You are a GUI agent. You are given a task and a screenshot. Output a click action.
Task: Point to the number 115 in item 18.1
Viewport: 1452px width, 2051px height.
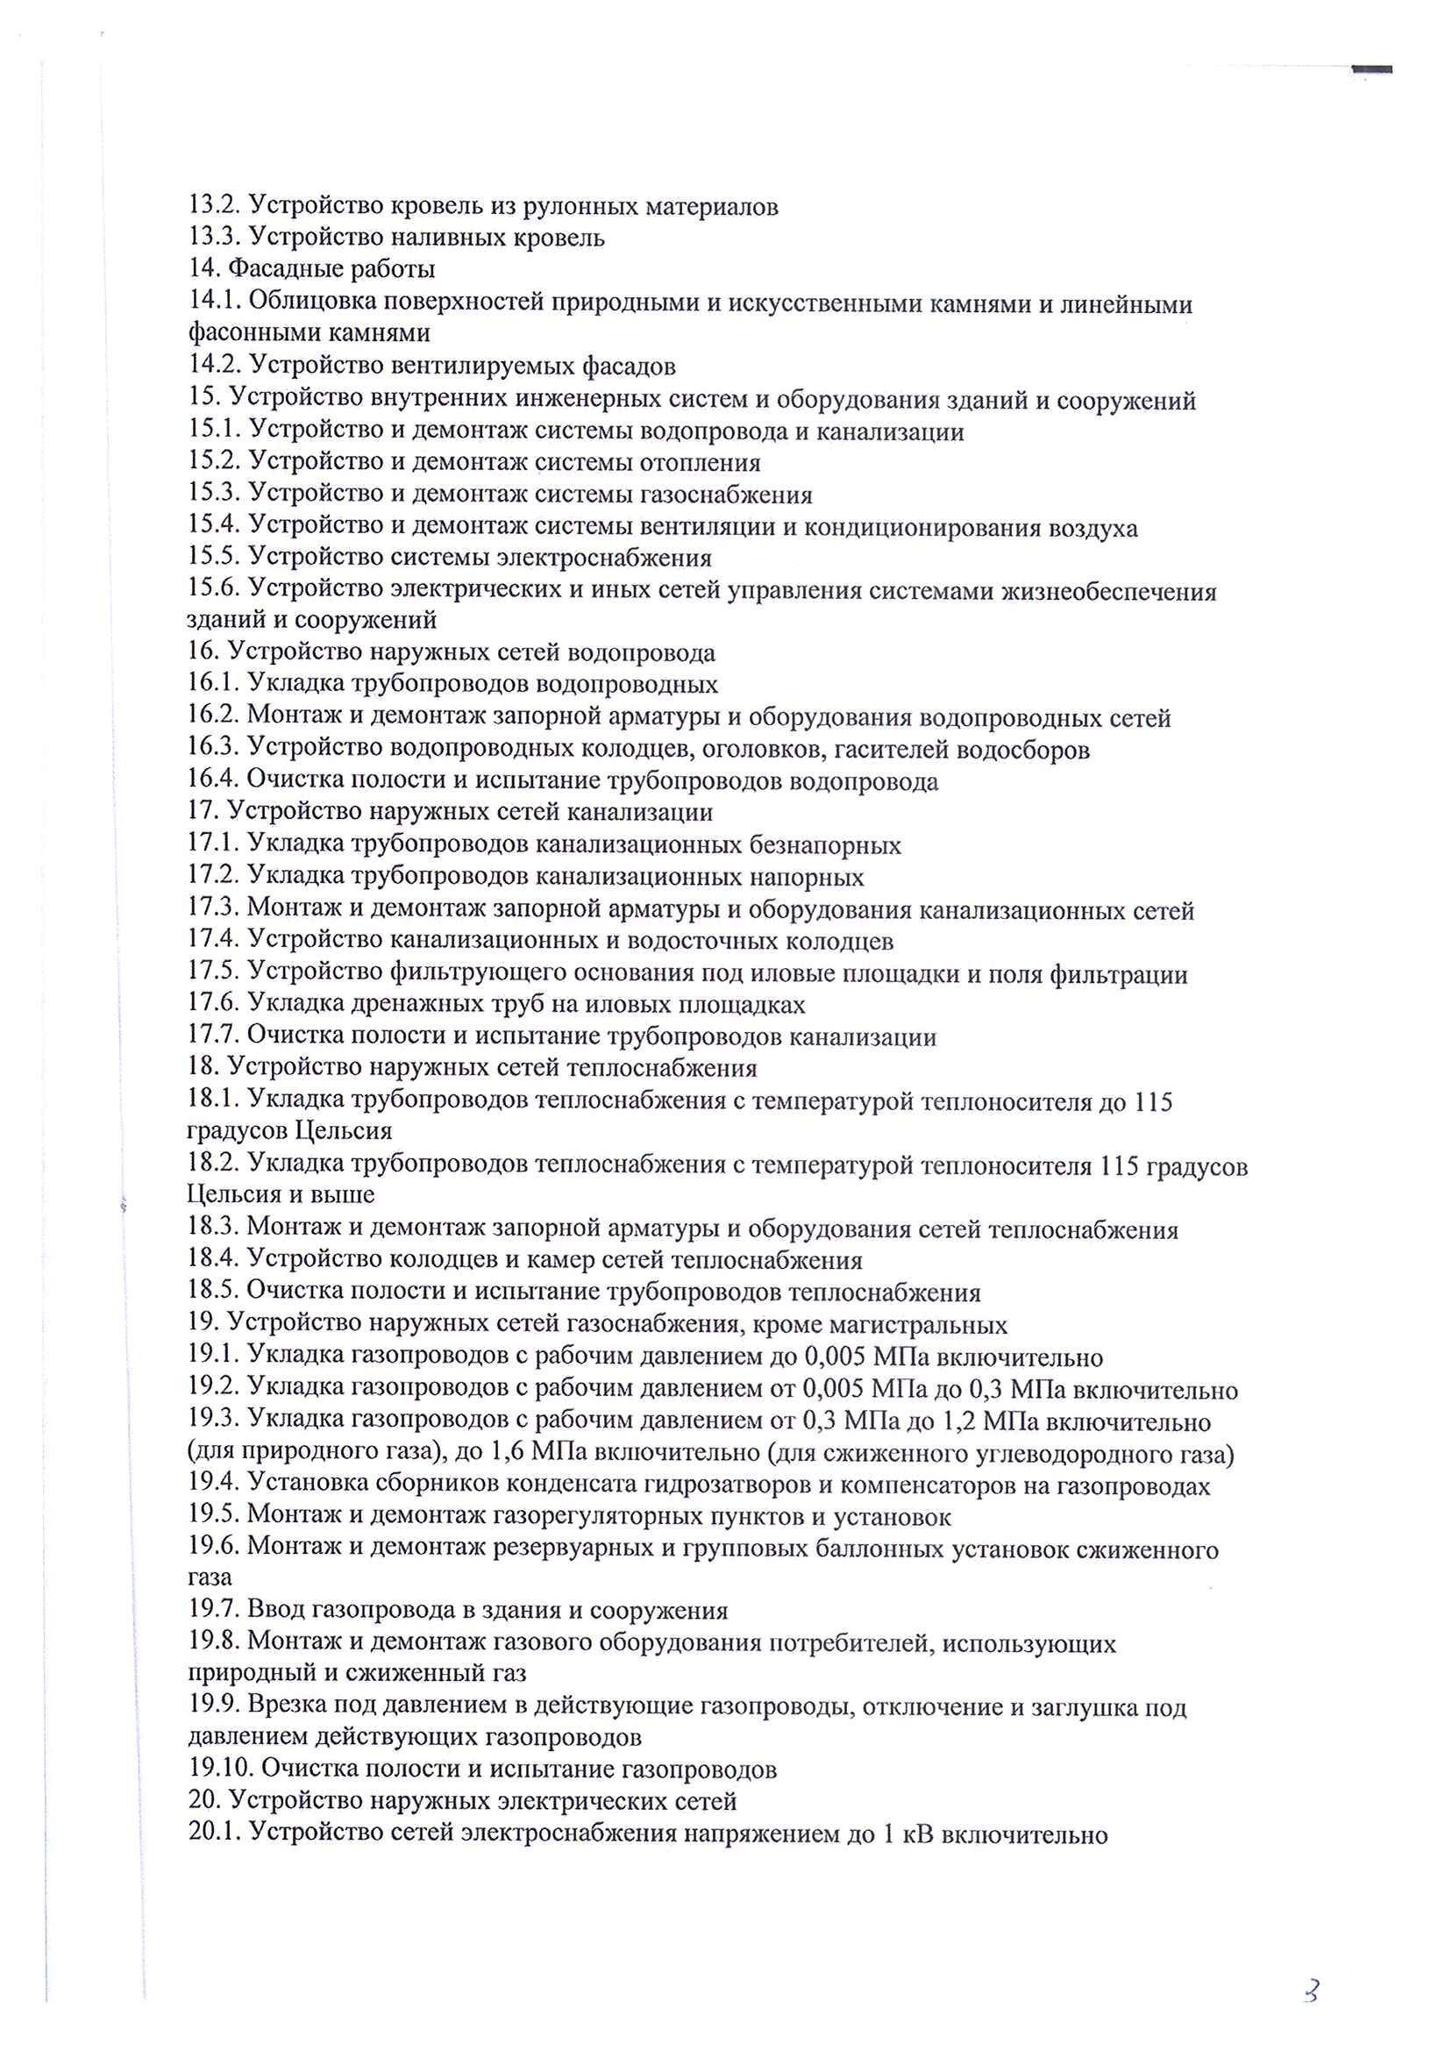(x=1153, y=1102)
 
